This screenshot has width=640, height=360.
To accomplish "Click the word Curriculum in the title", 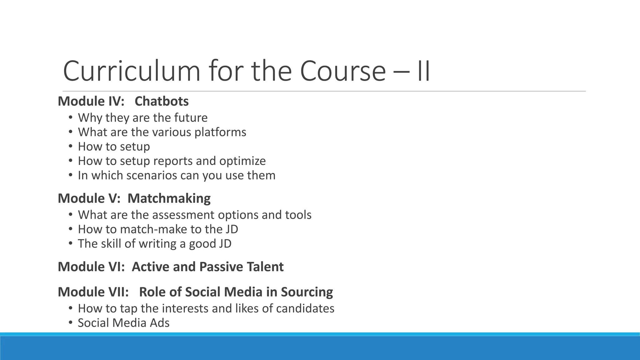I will pyautogui.click(x=131, y=71).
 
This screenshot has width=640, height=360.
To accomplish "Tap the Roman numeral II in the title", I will pyautogui.click(x=423, y=71).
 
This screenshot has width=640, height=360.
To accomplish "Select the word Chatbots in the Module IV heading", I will pyautogui.click(x=162, y=101).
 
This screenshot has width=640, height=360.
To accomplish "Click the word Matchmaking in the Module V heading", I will pyautogui.click(x=169, y=198).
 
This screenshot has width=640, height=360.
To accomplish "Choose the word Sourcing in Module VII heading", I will pyautogui.click(x=307, y=292).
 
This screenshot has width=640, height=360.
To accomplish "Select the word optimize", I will pyautogui.click(x=242, y=161).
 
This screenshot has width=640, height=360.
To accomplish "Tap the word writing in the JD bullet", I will pyautogui.click(x=157, y=244).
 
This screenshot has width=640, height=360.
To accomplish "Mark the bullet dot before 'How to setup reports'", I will pyautogui.click(x=71, y=161).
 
